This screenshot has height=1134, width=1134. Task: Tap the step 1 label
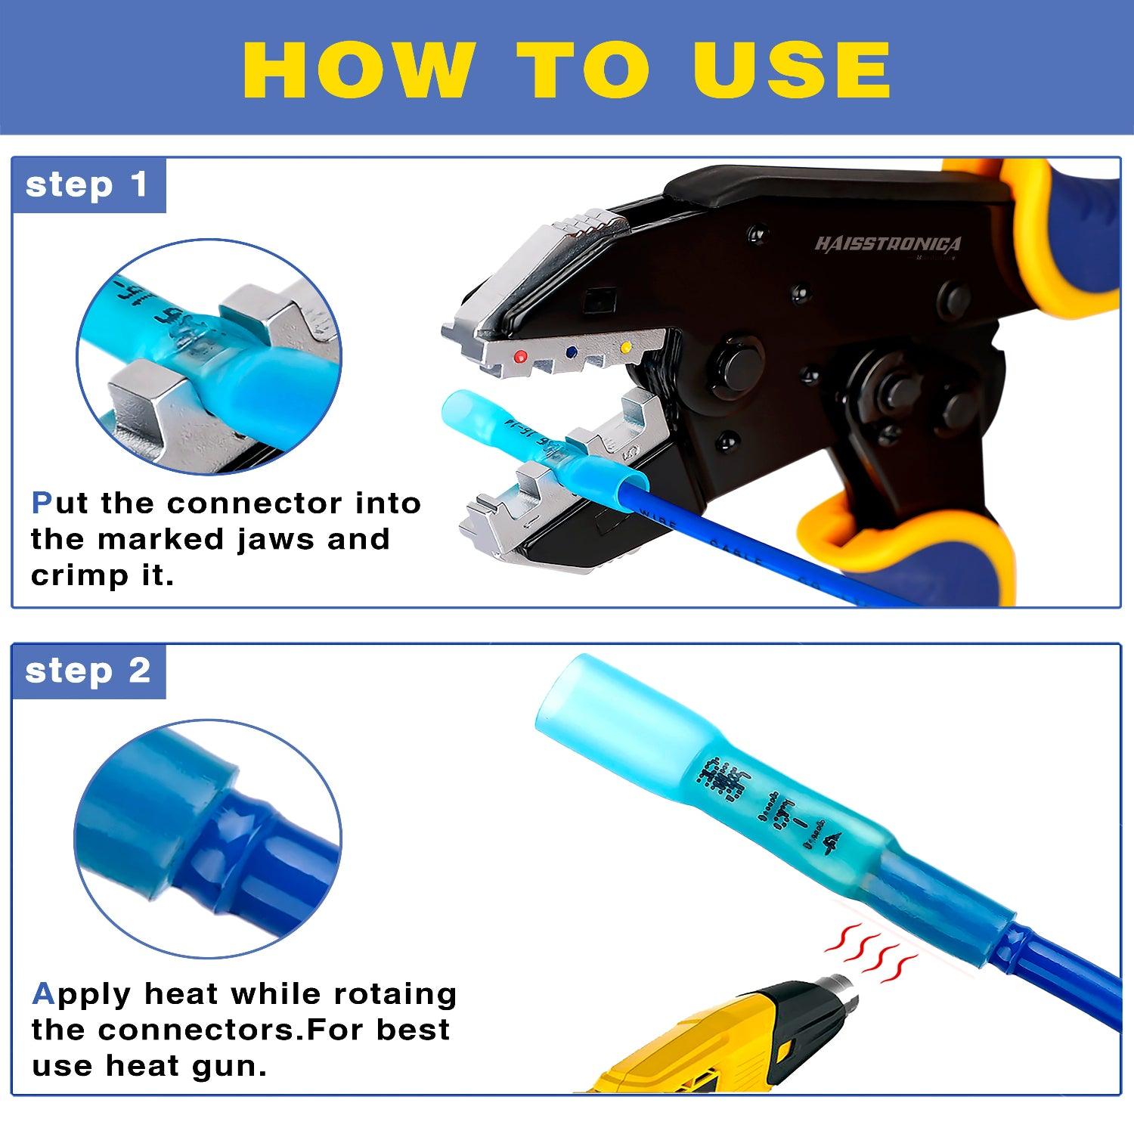click(86, 185)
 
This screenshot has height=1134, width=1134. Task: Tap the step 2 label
click(88, 671)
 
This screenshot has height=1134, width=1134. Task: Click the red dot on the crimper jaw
click(519, 356)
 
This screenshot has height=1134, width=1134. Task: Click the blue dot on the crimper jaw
click(572, 352)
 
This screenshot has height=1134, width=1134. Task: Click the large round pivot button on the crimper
click(730, 359)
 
